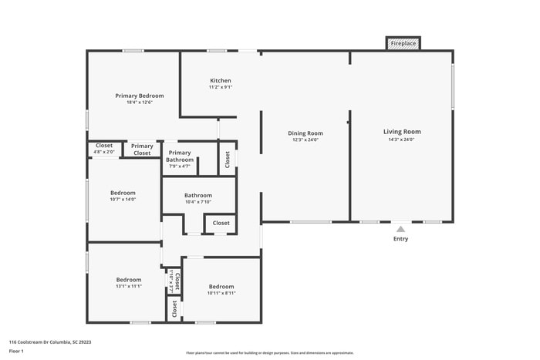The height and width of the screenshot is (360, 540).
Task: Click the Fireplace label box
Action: coord(403,44)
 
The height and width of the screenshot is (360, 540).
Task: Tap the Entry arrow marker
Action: coord(400,228)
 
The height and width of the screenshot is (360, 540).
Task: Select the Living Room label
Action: coord(402,132)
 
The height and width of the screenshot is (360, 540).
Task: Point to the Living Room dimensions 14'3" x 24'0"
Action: coord(402,140)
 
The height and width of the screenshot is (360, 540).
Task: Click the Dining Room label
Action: coord(305,133)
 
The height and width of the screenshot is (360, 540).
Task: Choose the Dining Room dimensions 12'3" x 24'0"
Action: coord(305,140)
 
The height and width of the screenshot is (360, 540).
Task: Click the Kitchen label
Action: coord(221,80)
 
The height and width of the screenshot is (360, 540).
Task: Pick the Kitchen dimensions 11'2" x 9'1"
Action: coord(221,88)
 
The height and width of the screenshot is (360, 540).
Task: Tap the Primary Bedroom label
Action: coord(140,96)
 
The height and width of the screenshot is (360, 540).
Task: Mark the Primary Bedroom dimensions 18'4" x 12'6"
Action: coord(140,103)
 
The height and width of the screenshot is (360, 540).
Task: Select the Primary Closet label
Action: coord(142,150)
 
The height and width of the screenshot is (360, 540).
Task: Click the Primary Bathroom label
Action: coord(180,156)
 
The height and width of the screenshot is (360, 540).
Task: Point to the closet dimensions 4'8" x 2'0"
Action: coord(104,153)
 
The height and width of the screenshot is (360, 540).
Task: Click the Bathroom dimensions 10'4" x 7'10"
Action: coord(198,203)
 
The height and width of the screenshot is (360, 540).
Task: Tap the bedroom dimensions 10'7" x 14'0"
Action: coord(123,200)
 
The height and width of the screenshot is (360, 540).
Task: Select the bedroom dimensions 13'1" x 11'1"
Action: coord(129,286)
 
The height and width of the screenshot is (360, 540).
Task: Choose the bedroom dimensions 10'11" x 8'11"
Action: coord(221,293)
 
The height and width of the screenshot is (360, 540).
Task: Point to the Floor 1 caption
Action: coord(16,352)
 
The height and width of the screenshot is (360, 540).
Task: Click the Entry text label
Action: coord(400,239)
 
